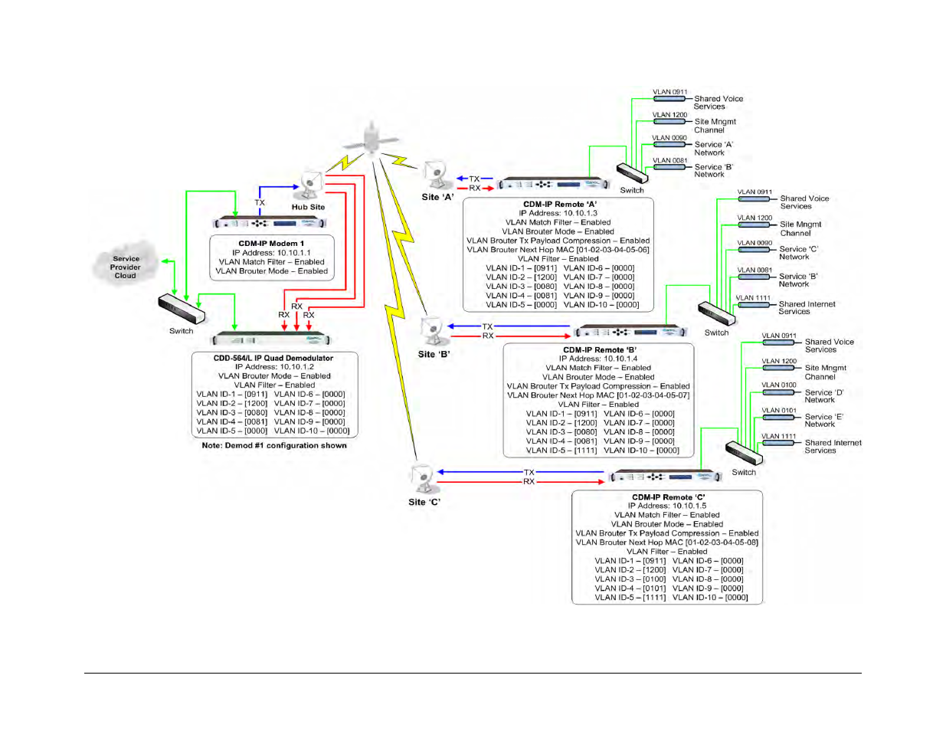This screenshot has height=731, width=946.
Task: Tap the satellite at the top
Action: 372,139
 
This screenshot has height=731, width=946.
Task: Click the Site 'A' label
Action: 437,197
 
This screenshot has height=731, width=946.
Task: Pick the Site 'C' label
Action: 424,502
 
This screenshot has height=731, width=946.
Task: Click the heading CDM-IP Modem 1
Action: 271,244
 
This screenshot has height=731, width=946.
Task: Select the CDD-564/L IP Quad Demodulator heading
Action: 273,358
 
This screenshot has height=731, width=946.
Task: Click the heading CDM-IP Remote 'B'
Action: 600,349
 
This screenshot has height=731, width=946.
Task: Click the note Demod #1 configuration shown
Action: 274,445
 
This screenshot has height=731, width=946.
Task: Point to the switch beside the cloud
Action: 182,310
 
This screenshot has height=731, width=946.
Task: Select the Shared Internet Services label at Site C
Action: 833,447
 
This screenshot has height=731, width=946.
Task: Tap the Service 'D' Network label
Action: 823,396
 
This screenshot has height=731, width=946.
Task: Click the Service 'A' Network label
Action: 713,149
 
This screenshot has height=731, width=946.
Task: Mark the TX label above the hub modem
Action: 260,203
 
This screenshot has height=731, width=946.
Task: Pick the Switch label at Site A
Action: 632,190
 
